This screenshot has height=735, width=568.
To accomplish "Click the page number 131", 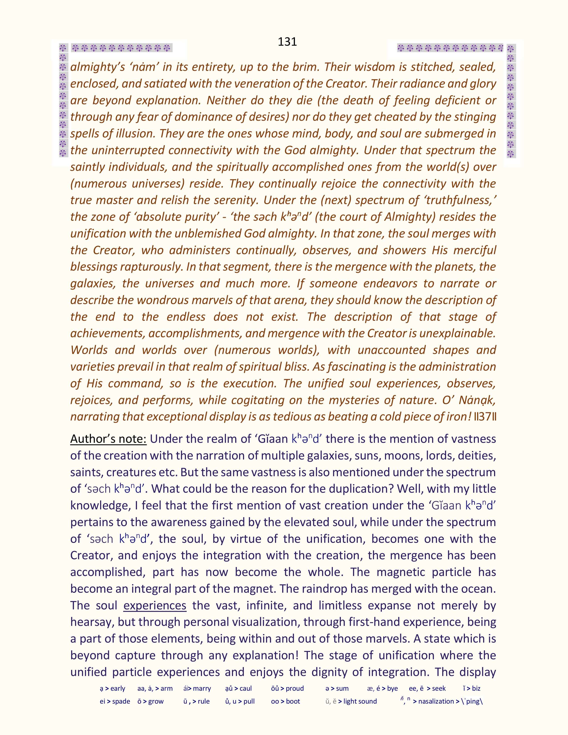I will pos(287,42).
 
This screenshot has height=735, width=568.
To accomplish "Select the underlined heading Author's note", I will pos(108,439).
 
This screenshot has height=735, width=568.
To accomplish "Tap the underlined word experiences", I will pos(155,605).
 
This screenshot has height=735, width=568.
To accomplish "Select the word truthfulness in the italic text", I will pos(459,200).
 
